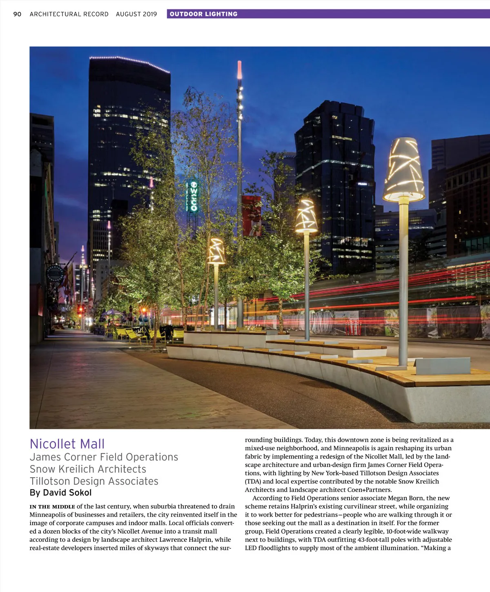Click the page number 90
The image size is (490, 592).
pos(17,14)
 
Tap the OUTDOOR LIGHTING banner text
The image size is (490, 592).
pos(203,14)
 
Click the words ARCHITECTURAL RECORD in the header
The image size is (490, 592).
pos(69,14)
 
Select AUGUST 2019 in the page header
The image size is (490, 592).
pos(136,14)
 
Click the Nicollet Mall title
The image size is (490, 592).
pos(67,444)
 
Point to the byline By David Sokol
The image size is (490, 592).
pos(60,493)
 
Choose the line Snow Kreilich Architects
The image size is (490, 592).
pos(88,469)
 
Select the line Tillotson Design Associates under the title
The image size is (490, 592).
pos(94,481)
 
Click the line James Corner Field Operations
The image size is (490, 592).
pos(104,457)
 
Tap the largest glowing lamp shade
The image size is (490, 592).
pos(404,169)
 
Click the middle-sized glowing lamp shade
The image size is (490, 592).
pos(306,216)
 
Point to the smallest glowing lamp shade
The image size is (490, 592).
pos(216,251)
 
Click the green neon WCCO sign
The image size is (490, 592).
pos(194,196)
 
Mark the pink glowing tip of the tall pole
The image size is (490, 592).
pos(239,70)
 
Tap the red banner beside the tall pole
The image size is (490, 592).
pos(252,216)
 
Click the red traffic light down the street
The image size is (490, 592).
pos(80,309)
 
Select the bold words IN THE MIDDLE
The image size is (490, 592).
pos(52,507)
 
